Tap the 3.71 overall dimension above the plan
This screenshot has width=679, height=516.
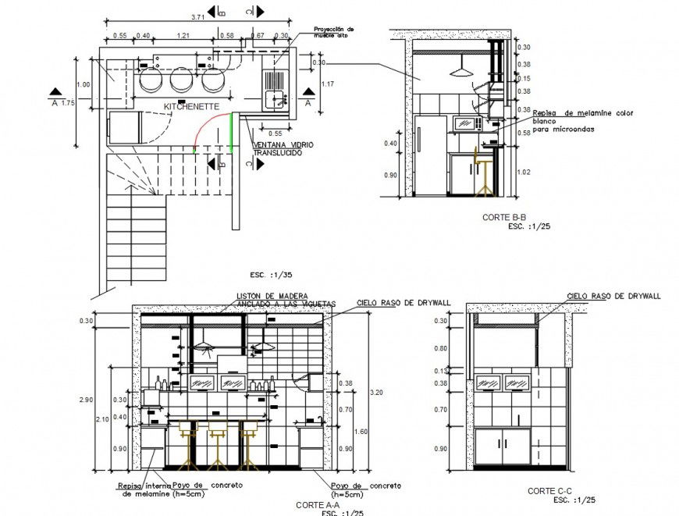click(199, 16)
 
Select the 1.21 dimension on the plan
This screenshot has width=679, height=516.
click(183, 36)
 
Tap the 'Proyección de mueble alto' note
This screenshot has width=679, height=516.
click(334, 32)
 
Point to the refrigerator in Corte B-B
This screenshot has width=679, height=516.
click(429, 155)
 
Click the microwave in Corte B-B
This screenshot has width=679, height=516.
click(467, 123)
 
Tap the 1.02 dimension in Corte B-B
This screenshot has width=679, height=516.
click(524, 172)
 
